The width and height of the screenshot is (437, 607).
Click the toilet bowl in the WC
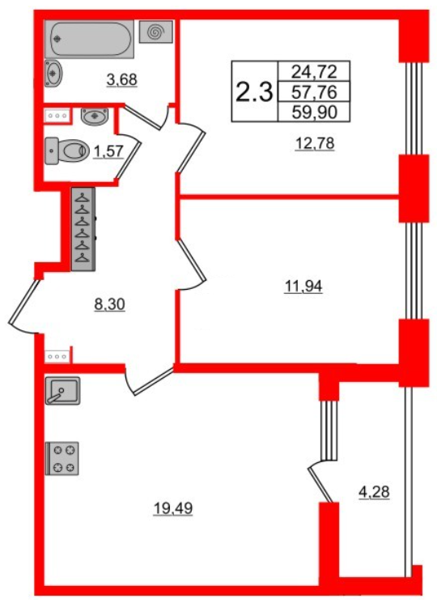pos(69,149)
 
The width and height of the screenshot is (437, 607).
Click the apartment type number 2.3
pos(252,91)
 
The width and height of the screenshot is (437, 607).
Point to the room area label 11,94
pos(303,286)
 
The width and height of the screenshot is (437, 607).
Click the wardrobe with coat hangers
pos(83,229)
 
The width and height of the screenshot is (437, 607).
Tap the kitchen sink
pos(62,392)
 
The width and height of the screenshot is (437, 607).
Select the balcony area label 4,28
pos(374,491)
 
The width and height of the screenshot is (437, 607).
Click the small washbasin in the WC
pos(96,117)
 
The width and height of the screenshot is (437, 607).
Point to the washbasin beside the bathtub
pos(53,72)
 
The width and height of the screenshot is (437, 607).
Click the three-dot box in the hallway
pos(58,354)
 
